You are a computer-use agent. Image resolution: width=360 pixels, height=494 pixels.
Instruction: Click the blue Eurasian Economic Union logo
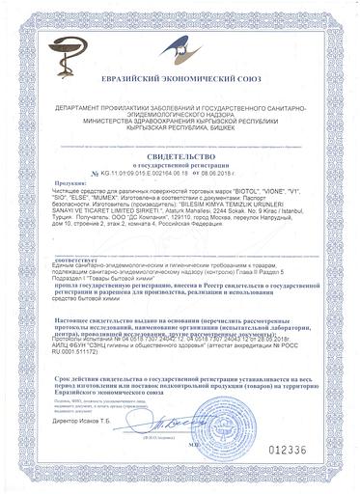pyautogui.click(x=319, y=35)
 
